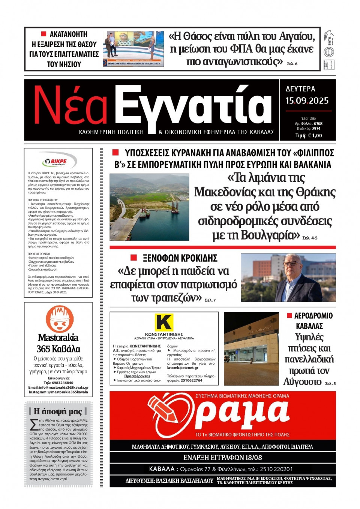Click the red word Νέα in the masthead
pos(70,106)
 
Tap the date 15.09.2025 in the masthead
pos(307,101)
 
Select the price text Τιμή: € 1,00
pos(308,136)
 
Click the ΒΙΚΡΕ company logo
pos(58,162)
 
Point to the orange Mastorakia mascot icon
pos(59,319)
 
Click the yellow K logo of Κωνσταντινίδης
pos(164,322)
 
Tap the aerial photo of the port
pos(149,207)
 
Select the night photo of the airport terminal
pos(251,349)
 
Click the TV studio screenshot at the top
pos(133,49)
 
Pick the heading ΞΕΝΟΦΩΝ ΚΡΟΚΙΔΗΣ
pos(180,258)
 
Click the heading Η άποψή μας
pos(58,411)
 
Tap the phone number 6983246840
pos(63,383)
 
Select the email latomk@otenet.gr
pos(183,368)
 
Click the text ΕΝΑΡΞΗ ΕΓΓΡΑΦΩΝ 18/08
pos(222,458)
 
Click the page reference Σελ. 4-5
pos(310,238)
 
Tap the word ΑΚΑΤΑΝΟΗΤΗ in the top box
pos(68,34)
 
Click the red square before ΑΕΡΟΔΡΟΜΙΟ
pos(289,316)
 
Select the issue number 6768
pos(318,123)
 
